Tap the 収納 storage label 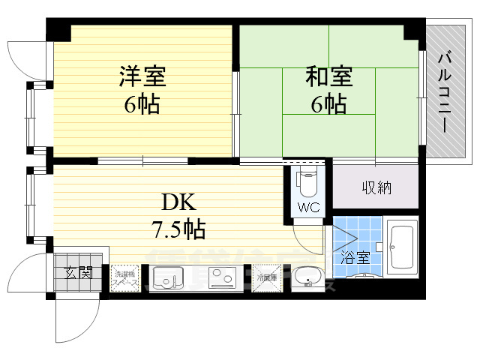click(375, 187)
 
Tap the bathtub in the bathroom click(400, 247)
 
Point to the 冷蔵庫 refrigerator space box click(268, 277)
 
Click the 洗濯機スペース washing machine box click(125, 277)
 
